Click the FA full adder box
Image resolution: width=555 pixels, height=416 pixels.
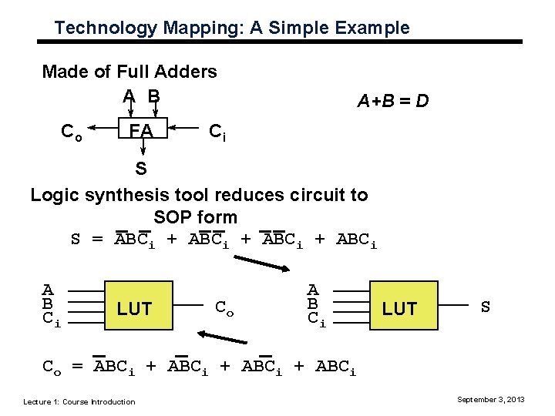click(141, 131)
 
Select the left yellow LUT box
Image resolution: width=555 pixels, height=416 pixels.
click(134, 309)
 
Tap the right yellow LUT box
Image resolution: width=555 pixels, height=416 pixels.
click(399, 309)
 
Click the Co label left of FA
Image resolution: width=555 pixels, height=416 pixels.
click(72, 132)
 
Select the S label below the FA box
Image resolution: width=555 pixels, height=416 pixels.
click(141, 166)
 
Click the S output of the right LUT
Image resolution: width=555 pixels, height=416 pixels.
click(486, 307)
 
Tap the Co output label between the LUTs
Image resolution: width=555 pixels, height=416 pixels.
click(225, 308)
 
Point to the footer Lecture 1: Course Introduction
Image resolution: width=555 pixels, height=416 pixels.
click(79, 401)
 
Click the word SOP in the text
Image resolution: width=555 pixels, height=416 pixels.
click(173, 216)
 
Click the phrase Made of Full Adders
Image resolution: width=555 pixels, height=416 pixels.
click(129, 72)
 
